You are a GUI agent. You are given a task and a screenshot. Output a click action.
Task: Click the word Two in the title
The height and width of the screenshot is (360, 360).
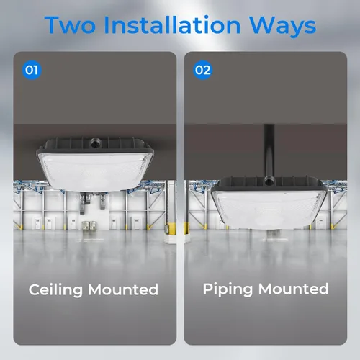point(70,24)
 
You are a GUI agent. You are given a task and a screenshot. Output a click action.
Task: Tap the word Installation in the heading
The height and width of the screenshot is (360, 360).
point(172,24)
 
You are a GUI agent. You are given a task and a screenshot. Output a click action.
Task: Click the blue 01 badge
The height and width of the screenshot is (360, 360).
point(32,70)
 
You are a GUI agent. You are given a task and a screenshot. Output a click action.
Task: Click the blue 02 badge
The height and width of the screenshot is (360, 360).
point(203,70)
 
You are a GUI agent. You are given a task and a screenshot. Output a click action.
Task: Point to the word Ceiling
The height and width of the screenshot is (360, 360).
point(55,290)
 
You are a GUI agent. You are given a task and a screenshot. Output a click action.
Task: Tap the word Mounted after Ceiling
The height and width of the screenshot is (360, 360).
point(123,289)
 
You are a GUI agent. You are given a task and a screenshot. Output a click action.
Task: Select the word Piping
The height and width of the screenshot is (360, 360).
point(228,289)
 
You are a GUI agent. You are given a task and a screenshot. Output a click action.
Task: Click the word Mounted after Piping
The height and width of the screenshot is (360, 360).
point(294,289)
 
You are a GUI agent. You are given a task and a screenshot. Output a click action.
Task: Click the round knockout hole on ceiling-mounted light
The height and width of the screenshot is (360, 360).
point(94,143)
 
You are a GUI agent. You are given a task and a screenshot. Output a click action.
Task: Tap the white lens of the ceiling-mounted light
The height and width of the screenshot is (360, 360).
point(95,171)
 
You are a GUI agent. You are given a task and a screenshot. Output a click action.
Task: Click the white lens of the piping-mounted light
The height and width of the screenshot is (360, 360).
point(269,210)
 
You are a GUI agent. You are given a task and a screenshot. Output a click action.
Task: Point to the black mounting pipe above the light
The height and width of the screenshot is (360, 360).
point(269,150)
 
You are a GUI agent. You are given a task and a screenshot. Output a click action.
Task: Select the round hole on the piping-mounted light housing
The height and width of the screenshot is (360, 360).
point(268,181)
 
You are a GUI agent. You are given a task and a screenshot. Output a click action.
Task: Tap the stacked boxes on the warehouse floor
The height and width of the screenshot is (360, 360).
point(89,225)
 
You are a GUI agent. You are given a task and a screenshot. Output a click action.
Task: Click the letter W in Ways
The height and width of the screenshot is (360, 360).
point(263,24)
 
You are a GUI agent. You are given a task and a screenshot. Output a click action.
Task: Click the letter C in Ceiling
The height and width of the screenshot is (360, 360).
point(35,289)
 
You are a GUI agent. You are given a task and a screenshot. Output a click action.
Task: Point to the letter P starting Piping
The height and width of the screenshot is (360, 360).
point(208,289)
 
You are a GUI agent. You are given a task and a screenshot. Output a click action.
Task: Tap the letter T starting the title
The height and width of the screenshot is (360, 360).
point(53,24)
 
